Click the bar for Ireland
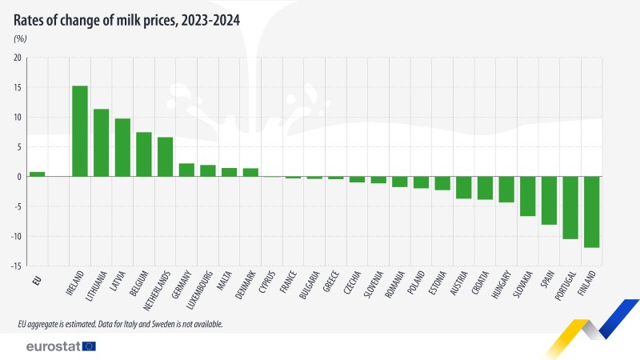pos(80,131)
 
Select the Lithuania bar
pos(101,142)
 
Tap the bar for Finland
pos(592,212)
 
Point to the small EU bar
pos(37,174)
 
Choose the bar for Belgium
pos(144,154)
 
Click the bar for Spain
pos(549,200)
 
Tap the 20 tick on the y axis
pos(18,58)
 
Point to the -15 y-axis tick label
pos(17,266)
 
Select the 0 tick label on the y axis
pos(19,177)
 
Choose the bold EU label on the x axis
pos(37,279)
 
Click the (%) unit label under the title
pos(20,38)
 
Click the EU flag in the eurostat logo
pos(88,346)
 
